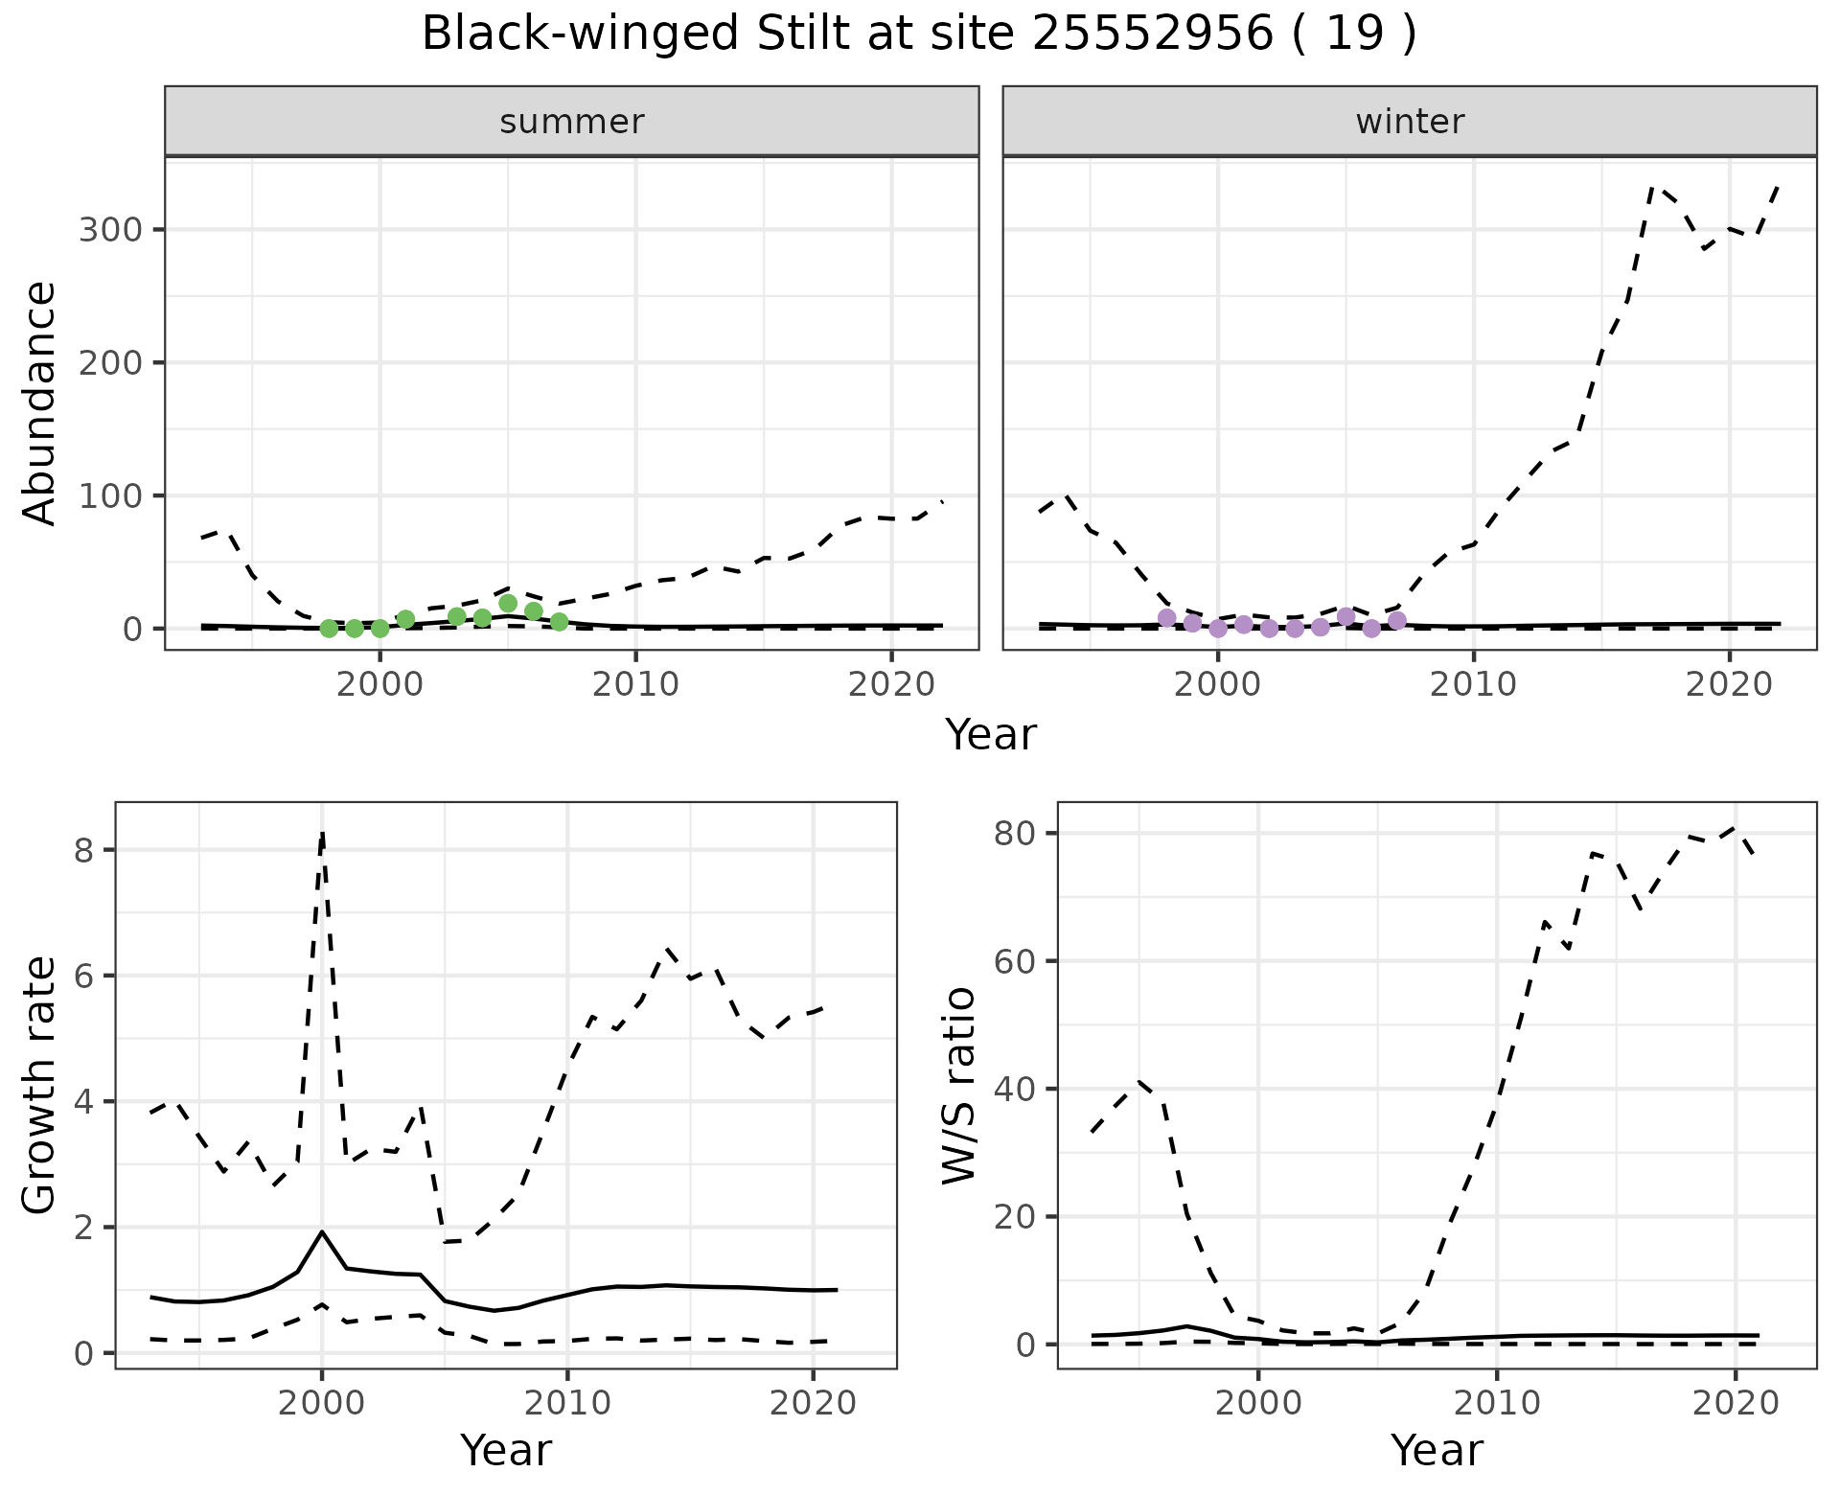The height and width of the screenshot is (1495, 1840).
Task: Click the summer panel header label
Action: click(572, 122)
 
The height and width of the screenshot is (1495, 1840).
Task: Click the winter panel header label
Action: click(1410, 122)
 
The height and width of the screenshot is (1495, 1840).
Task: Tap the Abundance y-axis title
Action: click(40, 403)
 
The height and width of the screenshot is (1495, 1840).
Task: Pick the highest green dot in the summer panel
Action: click(508, 604)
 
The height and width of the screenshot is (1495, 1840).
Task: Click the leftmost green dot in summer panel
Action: click(329, 629)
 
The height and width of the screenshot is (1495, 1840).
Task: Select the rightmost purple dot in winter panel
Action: click(1397, 621)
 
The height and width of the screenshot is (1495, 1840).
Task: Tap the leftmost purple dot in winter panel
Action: click(1166, 618)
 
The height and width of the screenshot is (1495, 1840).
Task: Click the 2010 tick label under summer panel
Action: click(635, 685)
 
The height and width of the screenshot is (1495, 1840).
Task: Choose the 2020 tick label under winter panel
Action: click(1729, 685)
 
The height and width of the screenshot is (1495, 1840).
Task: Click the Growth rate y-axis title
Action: click(40, 1086)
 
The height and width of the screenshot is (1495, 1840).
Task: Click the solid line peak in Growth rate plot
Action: click(322, 1232)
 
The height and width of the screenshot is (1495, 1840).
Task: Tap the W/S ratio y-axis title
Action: click(958, 1086)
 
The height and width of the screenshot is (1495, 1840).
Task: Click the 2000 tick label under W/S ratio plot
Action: click(1258, 1404)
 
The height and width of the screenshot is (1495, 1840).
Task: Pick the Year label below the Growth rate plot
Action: click(506, 1450)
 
